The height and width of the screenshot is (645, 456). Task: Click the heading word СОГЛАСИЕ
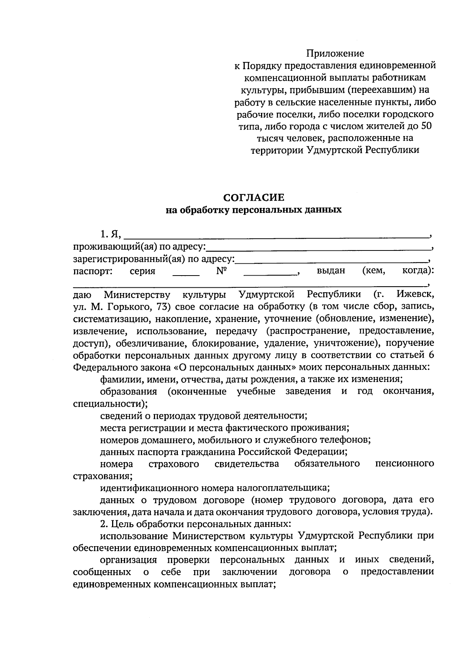(x=253, y=197)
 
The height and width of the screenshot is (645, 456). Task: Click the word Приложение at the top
(x=335, y=54)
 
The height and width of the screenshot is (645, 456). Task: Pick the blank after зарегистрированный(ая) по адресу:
(x=331, y=261)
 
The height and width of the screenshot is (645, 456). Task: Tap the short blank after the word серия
(x=186, y=273)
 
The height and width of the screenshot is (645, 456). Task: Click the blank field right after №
(x=270, y=273)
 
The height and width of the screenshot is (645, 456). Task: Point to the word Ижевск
(x=414, y=294)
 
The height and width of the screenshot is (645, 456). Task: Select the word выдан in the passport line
(x=331, y=271)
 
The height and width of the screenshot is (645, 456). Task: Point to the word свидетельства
(x=247, y=464)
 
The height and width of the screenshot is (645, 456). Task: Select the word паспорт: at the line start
(x=92, y=271)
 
